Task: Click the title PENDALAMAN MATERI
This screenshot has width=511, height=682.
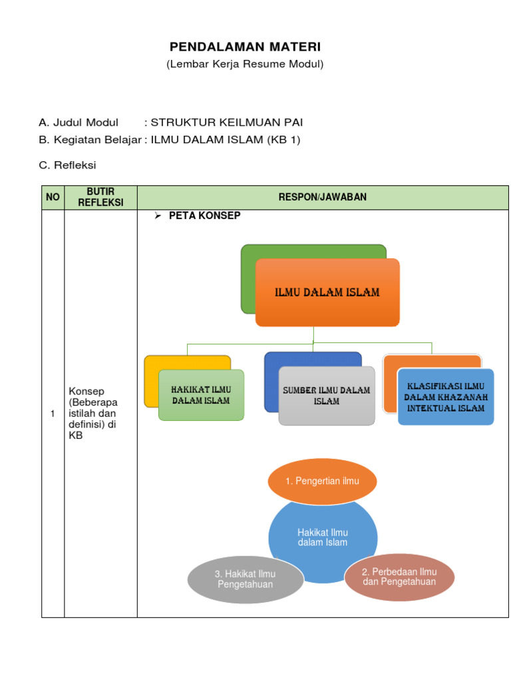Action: pyautogui.click(x=245, y=47)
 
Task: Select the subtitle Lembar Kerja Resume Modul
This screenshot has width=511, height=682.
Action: pyautogui.click(x=245, y=64)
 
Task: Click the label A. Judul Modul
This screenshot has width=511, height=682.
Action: pyautogui.click(x=79, y=122)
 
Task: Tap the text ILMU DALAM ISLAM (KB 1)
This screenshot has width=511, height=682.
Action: pyautogui.click(x=226, y=140)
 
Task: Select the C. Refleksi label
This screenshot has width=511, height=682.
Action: pyautogui.click(x=67, y=165)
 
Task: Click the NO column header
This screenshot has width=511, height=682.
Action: pyautogui.click(x=53, y=198)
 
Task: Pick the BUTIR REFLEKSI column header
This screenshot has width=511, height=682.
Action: pyautogui.click(x=100, y=198)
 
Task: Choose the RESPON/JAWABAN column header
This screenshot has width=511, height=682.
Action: pyautogui.click(x=323, y=198)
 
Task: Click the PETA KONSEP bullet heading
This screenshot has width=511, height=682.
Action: pyautogui.click(x=204, y=216)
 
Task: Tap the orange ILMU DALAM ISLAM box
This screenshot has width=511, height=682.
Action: pyautogui.click(x=327, y=293)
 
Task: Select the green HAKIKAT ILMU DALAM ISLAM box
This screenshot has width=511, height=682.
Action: pyautogui.click(x=201, y=395)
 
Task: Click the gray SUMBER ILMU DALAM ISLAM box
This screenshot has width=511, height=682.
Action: pyautogui.click(x=327, y=396)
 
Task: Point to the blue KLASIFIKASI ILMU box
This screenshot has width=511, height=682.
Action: pyautogui.click(x=446, y=397)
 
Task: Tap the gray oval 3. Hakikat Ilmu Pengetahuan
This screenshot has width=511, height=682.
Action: pyautogui.click(x=246, y=579)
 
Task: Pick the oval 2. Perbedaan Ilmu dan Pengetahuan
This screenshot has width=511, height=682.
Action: pyautogui.click(x=399, y=577)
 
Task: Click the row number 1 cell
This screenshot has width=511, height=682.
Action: pyautogui.click(x=53, y=414)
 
